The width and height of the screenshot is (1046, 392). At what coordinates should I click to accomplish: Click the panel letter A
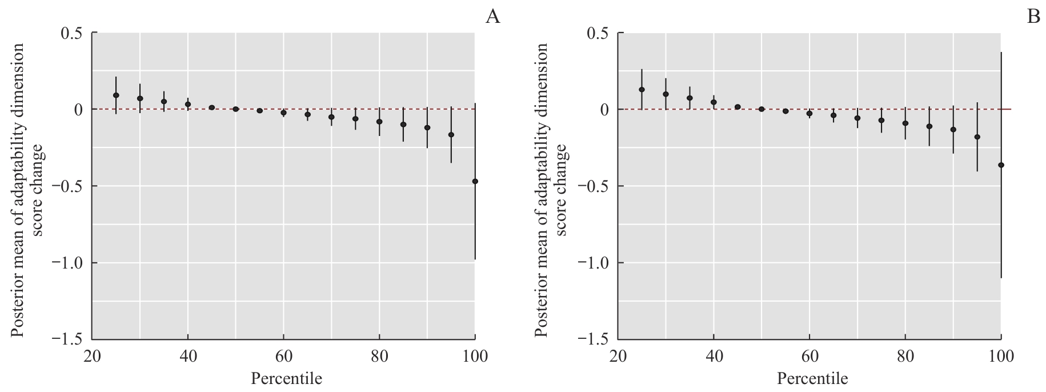[x=492, y=17]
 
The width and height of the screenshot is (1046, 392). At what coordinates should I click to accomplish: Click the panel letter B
[x=1033, y=17]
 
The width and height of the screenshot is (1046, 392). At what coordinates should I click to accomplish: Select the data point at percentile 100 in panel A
[x=475, y=181]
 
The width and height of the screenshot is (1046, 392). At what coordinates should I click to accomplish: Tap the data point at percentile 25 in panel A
[x=116, y=95]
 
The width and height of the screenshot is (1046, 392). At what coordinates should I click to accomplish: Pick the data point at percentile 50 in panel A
[x=235, y=109]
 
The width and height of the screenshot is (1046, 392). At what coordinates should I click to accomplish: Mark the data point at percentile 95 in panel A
[x=451, y=135]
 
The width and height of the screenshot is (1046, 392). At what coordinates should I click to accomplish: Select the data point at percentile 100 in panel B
[x=1001, y=165]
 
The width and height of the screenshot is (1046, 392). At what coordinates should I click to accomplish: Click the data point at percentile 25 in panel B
[x=642, y=90]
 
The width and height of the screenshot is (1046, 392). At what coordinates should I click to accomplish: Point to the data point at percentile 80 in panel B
[x=905, y=123]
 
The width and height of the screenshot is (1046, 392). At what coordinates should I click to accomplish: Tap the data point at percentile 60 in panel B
[x=809, y=113]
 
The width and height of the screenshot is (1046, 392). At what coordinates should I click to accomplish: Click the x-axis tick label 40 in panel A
[x=188, y=358]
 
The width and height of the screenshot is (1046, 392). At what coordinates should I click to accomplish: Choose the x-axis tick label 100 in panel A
[x=475, y=358]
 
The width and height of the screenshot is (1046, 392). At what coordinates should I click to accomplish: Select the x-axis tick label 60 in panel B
[x=809, y=358]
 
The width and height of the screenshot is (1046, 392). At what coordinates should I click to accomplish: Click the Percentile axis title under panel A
[x=286, y=378]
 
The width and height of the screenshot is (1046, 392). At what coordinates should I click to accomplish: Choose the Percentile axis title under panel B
[x=812, y=378]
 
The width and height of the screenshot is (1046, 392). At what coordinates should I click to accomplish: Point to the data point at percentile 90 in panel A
[x=427, y=127]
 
